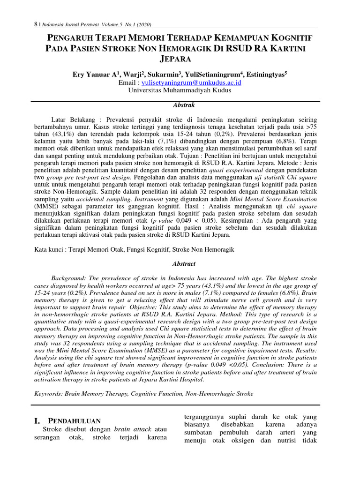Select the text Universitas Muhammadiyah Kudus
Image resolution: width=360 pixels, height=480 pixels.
pyautogui.click(x=180, y=90)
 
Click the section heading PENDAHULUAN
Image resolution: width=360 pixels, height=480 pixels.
pyautogui.click(x=75, y=420)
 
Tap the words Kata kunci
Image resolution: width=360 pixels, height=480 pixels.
pyautogui.click(x=49, y=251)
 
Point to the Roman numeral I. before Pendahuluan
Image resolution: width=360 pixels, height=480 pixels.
pyautogui.click(x=38, y=420)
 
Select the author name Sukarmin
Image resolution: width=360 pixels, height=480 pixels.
pyautogui.click(x=166, y=74)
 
